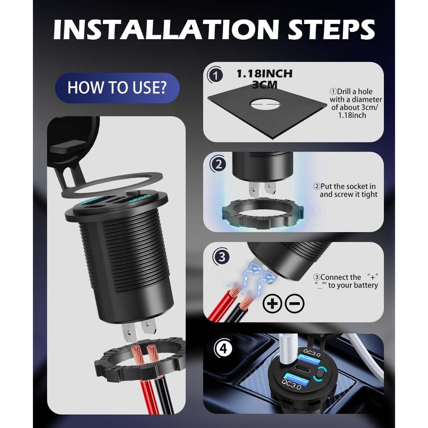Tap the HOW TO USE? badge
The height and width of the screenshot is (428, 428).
117,88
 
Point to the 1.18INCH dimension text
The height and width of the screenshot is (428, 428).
264,74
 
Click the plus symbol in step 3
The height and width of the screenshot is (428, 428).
272,303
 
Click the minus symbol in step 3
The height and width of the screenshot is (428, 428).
295,303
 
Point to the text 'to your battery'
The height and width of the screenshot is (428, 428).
353,285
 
